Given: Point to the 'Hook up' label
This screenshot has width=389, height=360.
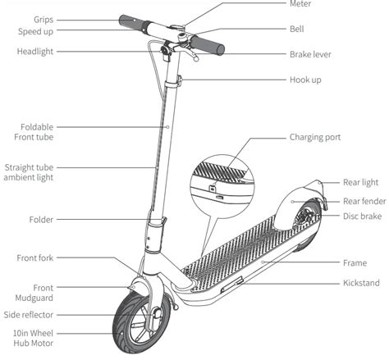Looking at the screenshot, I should [x=305, y=80].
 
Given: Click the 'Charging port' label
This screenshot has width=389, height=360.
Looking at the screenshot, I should [x=315, y=138].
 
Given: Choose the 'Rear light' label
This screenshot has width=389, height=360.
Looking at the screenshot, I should [x=360, y=183].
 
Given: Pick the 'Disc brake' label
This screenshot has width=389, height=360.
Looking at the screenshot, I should [x=361, y=216].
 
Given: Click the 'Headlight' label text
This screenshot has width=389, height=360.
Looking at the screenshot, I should [x=36, y=52].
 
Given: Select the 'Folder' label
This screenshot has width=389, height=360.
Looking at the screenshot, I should [x=41, y=220].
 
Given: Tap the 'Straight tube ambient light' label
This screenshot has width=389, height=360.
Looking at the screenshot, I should [x=30, y=172].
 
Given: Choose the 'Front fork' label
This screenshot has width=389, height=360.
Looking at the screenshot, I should [x=36, y=258].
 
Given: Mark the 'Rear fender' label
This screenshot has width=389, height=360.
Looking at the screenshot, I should [x=364, y=200].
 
